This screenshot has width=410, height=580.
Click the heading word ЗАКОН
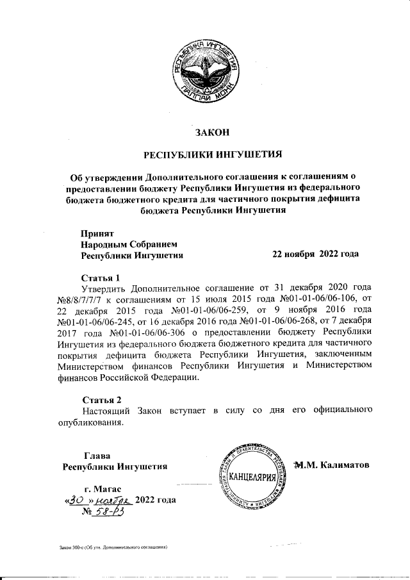pos(211,133)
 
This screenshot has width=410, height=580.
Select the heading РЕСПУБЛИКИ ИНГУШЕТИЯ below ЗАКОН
pos(211,154)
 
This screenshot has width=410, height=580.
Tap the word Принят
pos(97,233)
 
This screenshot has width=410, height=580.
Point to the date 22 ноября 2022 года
pos(315,254)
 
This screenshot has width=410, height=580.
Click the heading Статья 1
pos(101,278)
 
